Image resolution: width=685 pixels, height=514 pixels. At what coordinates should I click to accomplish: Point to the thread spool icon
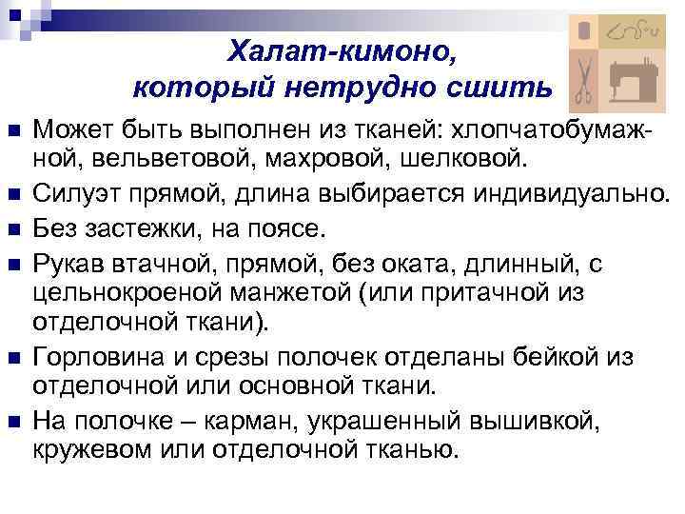pos(584,31)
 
